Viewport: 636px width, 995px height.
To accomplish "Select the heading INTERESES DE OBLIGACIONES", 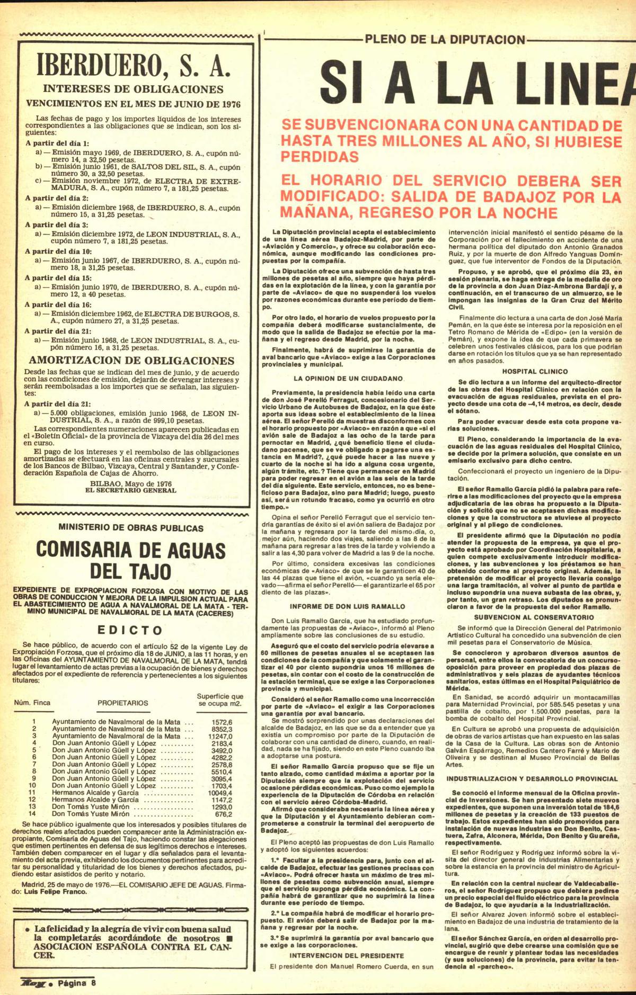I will [x=132, y=89].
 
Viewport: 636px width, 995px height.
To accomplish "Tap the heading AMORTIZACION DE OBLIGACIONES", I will [x=131, y=361].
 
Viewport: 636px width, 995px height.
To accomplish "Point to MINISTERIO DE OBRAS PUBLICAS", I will [x=131, y=528].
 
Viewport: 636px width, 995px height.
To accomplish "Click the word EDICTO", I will [x=130, y=630].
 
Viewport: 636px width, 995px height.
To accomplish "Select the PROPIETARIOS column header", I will [x=123, y=703].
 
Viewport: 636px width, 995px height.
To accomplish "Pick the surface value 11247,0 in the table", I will [x=220, y=736].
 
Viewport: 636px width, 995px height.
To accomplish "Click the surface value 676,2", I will [x=223, y=814].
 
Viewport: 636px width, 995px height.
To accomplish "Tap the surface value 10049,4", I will [x=220, y=793].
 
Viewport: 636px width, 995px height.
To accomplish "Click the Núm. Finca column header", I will [x=32, y=703].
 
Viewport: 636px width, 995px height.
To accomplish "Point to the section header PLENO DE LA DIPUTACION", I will [x=445, y=39].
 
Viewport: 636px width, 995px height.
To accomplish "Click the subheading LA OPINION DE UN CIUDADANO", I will [x=349, y=378].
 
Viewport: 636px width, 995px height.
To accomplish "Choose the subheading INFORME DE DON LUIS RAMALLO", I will [x=348, y=606].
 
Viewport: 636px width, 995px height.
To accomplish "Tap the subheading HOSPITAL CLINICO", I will [x=535, y=371].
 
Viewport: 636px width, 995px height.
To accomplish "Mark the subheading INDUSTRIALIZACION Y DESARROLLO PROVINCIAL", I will [x=532, y=779].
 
